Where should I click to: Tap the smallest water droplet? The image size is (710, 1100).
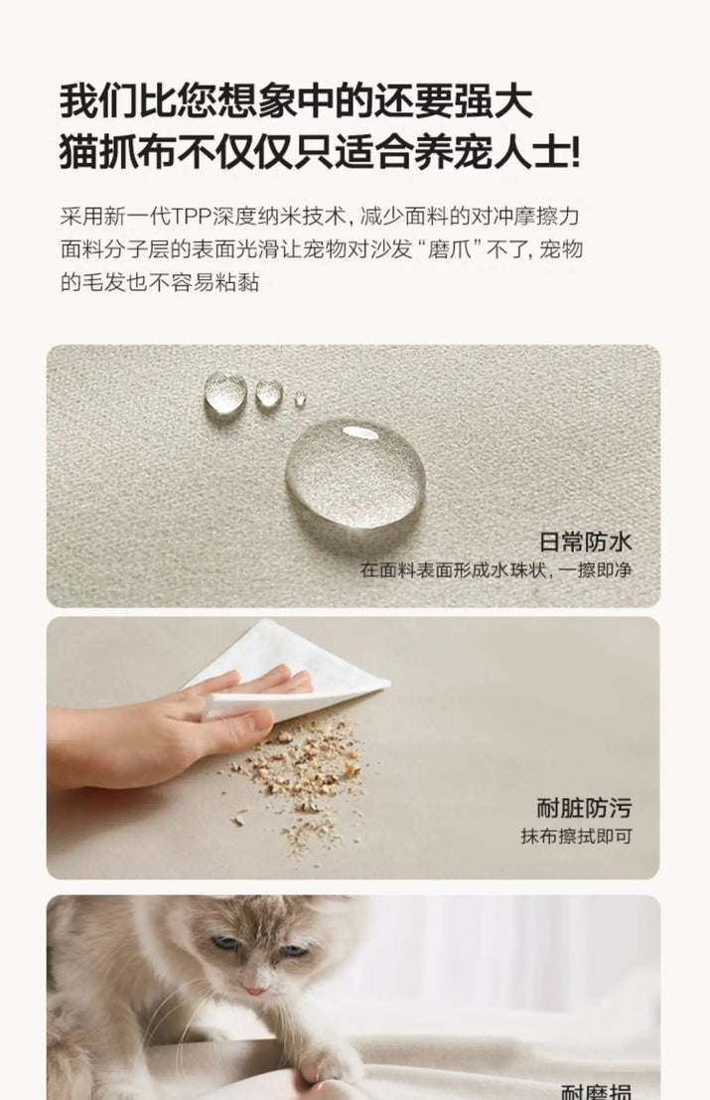[x=300, y=399]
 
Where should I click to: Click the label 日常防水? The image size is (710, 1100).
[x=585, y=542]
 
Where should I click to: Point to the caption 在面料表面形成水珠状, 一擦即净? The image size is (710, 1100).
[x=497, y=569]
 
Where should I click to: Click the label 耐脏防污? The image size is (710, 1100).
[x=584, y=808]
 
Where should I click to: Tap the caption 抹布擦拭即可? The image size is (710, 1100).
[x=576, y=837]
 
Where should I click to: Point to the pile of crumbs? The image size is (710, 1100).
[x=302, y=779]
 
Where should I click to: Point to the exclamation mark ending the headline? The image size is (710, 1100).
[x=576, y=153]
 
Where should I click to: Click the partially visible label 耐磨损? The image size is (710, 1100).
[x=596, y=1092]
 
